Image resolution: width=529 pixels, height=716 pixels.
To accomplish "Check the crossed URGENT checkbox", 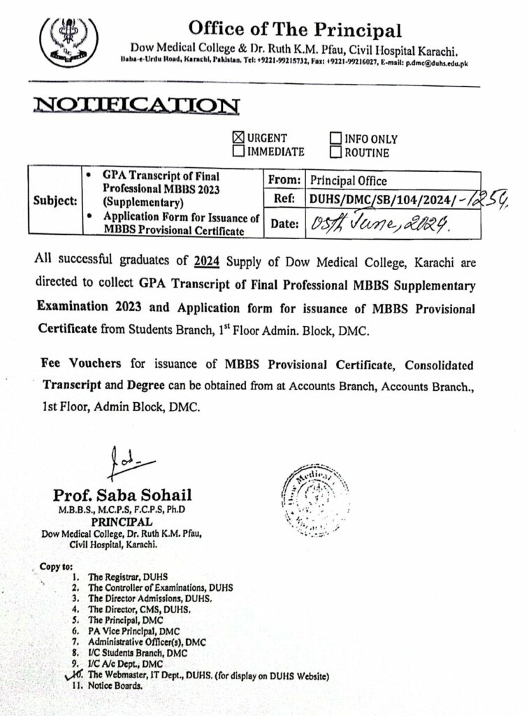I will click(x=238, y=138).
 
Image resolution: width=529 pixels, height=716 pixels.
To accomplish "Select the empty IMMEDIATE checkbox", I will click(x=238, y=151).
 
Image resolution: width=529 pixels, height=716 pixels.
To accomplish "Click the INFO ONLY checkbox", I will click(x=335, y=138).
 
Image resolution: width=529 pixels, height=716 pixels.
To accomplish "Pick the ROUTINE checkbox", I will click(x=335, y=152).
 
